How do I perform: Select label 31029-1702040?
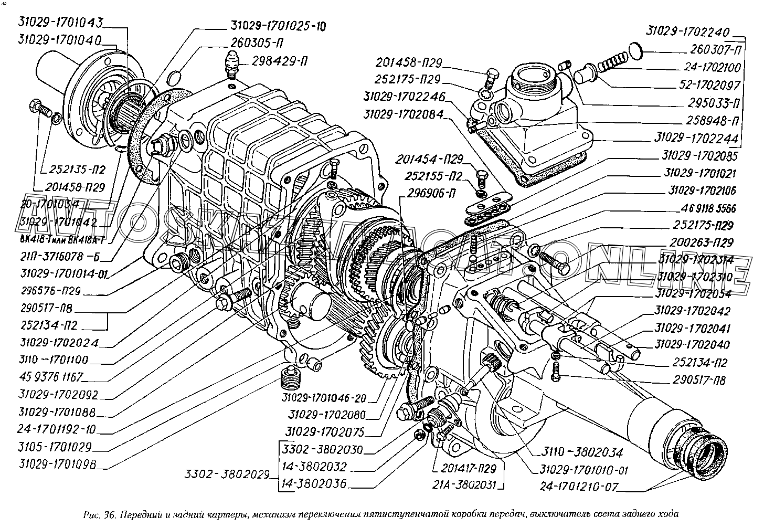(692, 345)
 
